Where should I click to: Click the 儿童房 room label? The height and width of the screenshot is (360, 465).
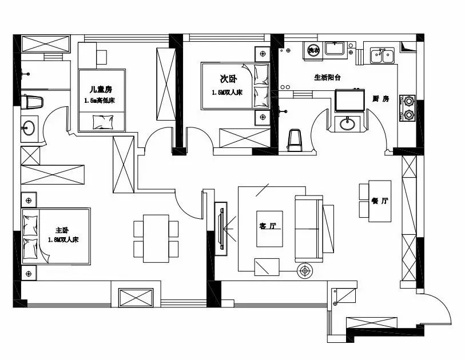[x=101, y=89]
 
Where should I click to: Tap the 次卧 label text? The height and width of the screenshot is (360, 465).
[x=228, y=79]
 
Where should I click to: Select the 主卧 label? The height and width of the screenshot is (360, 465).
[x=62, y=230]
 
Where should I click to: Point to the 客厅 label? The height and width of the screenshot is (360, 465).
[x=268, y=226]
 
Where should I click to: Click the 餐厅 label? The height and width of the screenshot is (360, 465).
[x=380, y=201]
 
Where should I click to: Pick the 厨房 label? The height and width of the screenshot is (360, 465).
[x=381, y=99]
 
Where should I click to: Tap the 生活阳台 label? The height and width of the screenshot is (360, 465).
[x=327, y=78]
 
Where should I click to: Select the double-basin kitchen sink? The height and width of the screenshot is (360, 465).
[x=382, y=55]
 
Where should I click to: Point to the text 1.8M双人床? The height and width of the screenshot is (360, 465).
[x=63, y=239]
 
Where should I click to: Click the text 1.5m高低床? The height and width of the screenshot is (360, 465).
[x=100, y=101]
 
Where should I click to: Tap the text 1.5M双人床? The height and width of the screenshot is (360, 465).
[x=227, y=93]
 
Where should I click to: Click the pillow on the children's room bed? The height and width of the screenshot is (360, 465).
[x=103, y=122]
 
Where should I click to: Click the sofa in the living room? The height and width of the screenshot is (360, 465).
[x=309, y=229]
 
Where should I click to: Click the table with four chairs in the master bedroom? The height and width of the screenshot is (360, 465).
[x=156, y=238]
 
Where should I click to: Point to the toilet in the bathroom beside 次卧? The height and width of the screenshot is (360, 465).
[x=295, y=140]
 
